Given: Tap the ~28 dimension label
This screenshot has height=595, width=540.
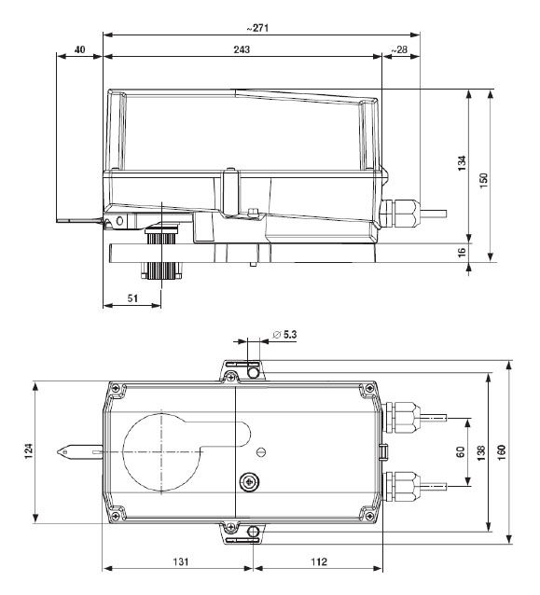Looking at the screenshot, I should click(x=399, y=49).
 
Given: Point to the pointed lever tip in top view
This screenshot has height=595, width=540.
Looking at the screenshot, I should click(x=61, y=453).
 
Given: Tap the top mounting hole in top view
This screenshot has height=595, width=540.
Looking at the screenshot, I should click(x=253, y=374).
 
